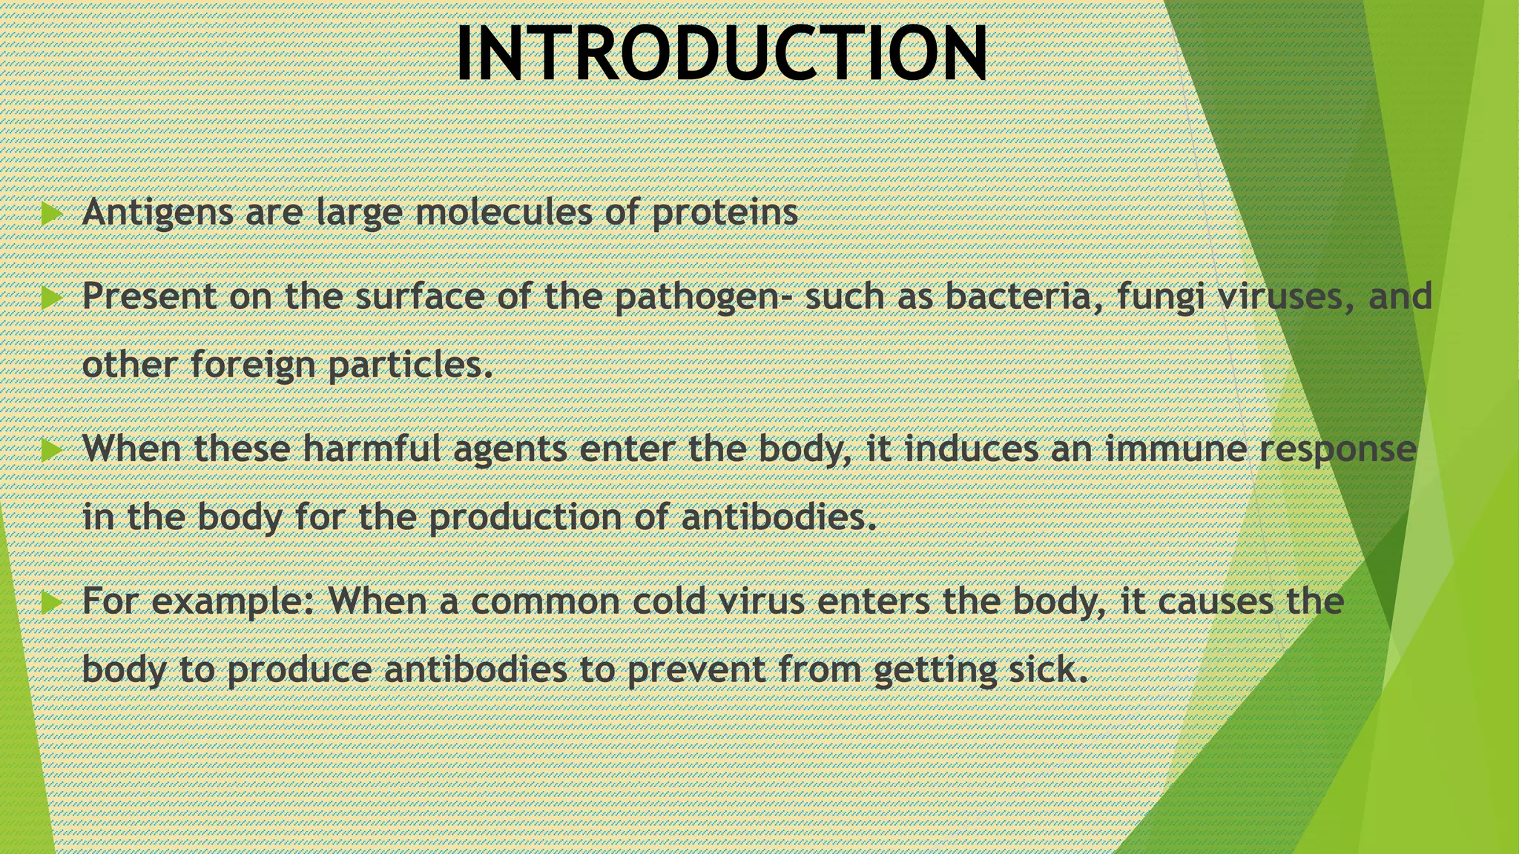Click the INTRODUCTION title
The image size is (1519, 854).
721,53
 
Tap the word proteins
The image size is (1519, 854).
725,213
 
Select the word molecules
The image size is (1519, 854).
503,213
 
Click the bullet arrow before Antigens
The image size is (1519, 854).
51,214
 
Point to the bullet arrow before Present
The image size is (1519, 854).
51,298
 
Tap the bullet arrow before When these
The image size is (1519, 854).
51,450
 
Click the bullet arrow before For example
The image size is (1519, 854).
51,602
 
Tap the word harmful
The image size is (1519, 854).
372,448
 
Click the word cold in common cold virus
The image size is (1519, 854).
668,600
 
